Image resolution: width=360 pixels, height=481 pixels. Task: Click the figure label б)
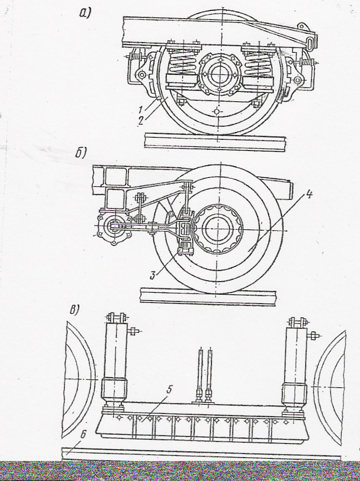81,153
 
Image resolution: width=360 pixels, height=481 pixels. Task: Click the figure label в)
74,311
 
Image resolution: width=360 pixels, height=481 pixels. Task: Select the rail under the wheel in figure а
215,143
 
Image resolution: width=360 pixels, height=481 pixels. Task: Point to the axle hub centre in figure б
219,228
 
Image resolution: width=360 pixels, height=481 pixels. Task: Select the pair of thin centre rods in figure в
205,374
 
